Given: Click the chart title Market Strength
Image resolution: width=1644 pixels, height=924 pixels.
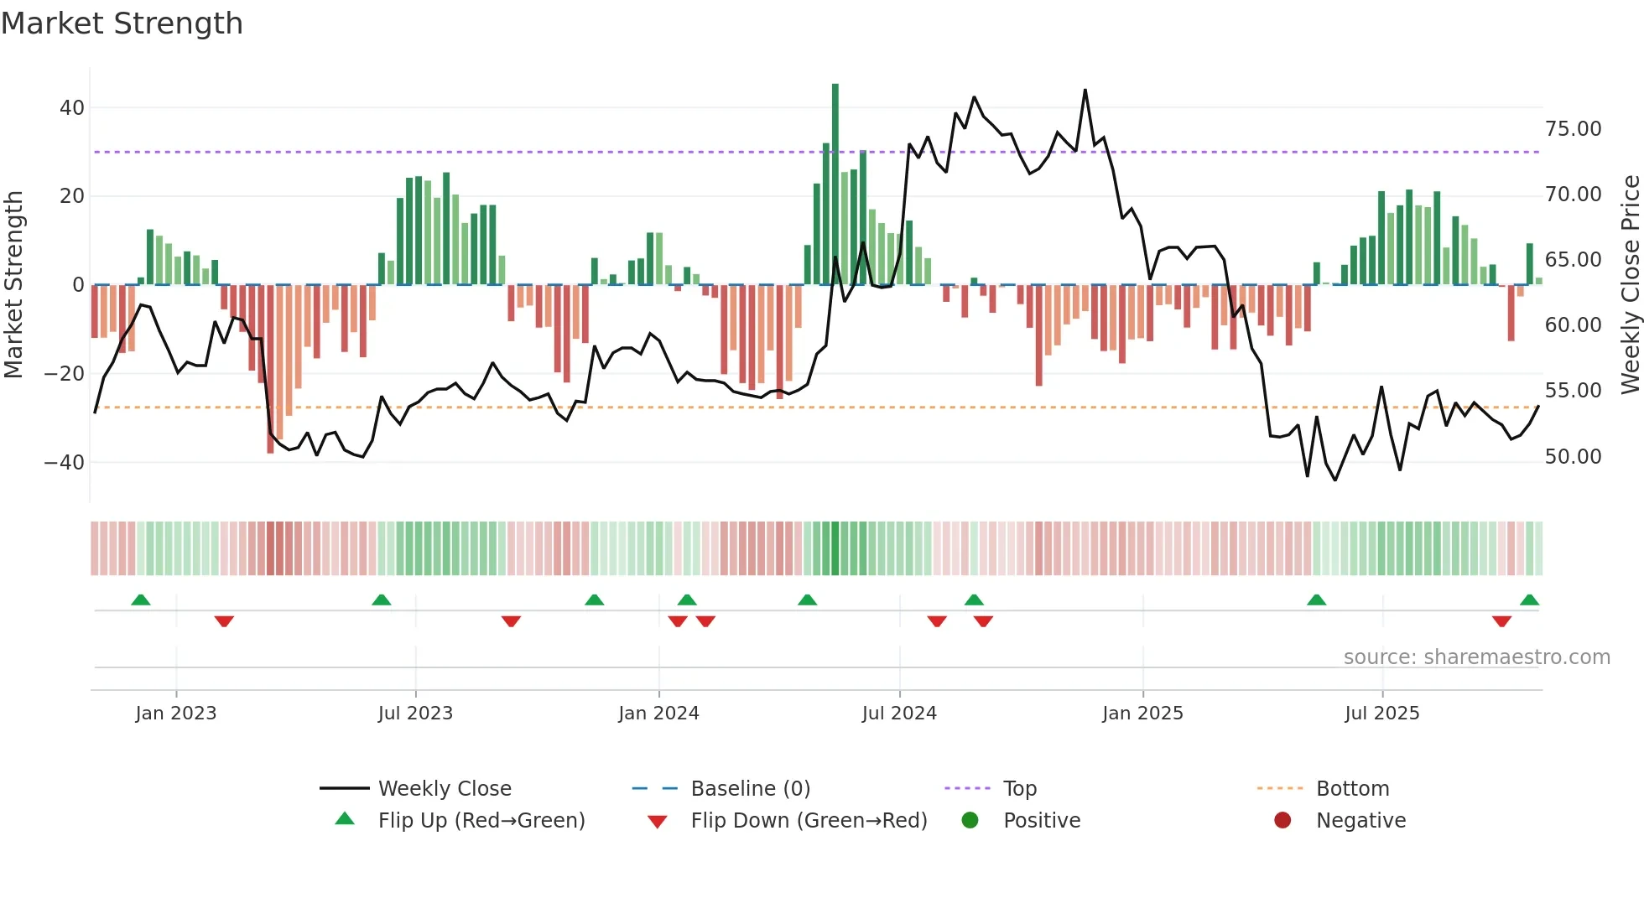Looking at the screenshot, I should [122, 23].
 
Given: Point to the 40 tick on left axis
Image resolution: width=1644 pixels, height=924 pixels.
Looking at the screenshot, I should [72, 108].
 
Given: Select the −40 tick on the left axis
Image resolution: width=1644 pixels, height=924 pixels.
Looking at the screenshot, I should [65, 463].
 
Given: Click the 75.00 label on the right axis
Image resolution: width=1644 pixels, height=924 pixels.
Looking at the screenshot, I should [1573, 129].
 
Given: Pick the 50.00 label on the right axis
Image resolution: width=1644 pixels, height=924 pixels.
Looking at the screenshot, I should [1573, 457].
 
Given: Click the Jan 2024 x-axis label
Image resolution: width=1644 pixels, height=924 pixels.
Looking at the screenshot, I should [658, 714].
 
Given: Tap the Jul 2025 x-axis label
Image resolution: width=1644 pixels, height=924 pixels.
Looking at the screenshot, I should [1381, 714].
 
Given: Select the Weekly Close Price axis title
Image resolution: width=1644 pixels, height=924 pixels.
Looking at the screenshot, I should [1630, 285].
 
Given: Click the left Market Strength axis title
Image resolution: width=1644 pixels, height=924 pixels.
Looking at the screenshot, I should [14, 285].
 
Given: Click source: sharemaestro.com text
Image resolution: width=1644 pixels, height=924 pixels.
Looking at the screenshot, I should [1476, 657].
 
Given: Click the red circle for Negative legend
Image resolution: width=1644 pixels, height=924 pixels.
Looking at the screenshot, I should [1282, 821].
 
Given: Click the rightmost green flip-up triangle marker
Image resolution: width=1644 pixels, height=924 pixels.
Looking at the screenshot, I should [1529, 600].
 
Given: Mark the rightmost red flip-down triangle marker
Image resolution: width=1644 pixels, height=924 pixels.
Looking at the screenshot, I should [1501, 621].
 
